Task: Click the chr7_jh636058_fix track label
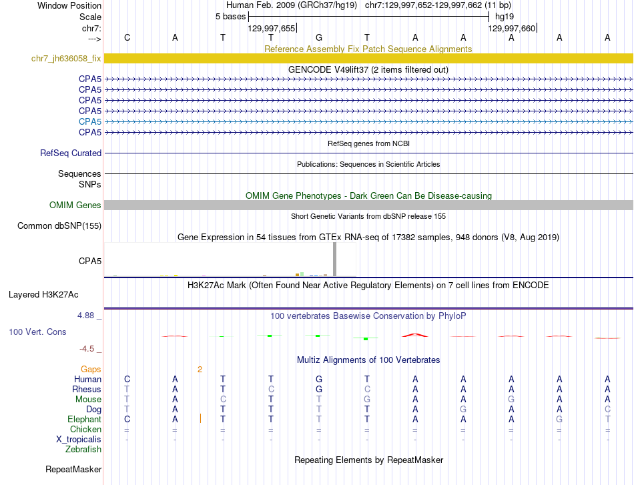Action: pos(66,59)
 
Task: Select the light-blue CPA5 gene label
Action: pos(90,121)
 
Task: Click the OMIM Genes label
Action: pos(75,205)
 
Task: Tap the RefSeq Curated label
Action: pos(71,153)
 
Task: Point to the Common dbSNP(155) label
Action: pos(59,226)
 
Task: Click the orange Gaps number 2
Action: pos(200,369)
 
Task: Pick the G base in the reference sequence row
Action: pos(319,38)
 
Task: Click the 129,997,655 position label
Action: pos(271,28)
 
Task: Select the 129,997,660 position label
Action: pos(511,28)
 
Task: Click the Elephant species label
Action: pos(84,419)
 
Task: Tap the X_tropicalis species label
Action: pos(79,440)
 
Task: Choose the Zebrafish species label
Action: pos(83,450)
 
